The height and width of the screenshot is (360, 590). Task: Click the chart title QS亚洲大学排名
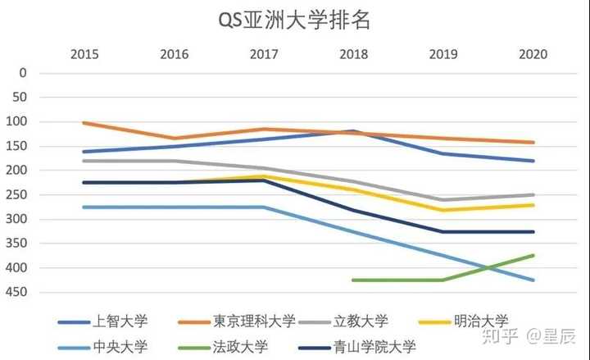pyautogui.click(x=294, y=21)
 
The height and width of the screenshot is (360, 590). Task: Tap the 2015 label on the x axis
pyautogui.click(x=84, y=54)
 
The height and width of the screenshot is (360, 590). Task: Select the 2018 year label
pyautogui.click(x=353, y=54)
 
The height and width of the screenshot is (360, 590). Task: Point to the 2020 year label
pyautogui.click(x=533, y=54)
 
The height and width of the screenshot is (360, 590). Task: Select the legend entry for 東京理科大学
pyautogui.click(x=253, y=321)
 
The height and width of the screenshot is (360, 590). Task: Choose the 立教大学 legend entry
pyautogui.click(x=361, y=321)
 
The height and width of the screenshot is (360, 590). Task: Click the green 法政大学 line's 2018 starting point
pyautogui.click(x=352, y=280)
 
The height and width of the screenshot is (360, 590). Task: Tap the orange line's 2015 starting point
pyautogui.click(x=84, y=123)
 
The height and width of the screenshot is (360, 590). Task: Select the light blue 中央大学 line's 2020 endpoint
pyautogui.click(x=533, y=280)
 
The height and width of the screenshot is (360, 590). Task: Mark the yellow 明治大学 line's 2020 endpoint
pyautogui.click(x=533, y=205)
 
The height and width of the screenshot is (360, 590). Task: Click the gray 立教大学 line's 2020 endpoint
pyautogui.click(x=533, y=195)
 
